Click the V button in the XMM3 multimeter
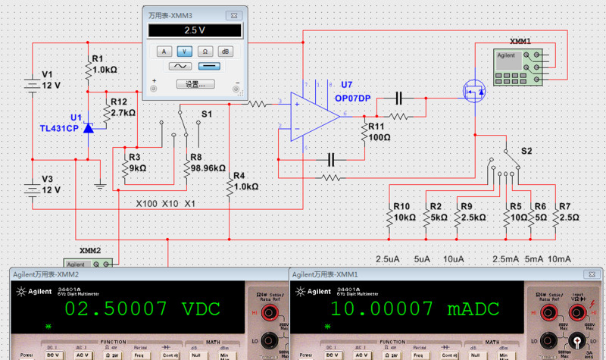coord(184,51)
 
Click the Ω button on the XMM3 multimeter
coord(205,51)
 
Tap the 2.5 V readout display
coord(195,30)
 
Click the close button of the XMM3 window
coord(237,14)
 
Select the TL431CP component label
coord(59,129)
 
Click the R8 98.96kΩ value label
coord(208,167)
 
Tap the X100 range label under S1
coord(147,204)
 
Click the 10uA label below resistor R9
coord(453,259)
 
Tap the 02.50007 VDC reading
coord(141,308)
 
